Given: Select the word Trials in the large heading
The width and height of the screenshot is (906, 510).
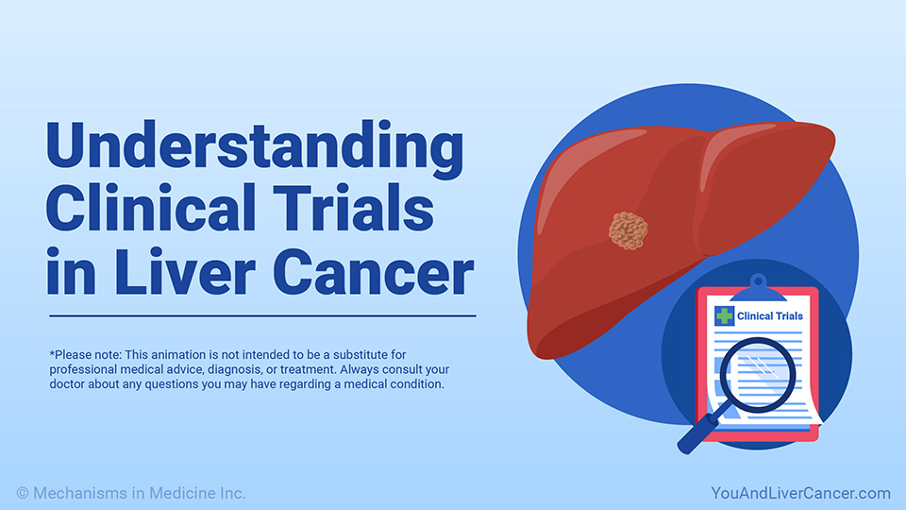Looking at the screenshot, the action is coord(353,207).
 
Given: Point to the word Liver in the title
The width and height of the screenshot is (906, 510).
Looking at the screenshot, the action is coord(185,272).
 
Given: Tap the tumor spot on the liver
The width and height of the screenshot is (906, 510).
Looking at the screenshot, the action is coord(629,230).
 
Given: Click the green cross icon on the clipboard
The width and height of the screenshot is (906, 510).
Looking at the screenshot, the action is coord(724,315).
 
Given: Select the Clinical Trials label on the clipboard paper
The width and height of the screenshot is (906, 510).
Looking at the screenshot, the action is coord(770,315).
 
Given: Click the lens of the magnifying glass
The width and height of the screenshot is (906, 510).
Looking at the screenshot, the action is coord(757,375).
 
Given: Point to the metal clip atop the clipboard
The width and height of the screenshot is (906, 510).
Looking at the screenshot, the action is coord(758,288).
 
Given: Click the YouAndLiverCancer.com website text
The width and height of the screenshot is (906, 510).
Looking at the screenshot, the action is coord(800,493).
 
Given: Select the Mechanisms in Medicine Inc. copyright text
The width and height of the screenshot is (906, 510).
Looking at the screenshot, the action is coord(140,493).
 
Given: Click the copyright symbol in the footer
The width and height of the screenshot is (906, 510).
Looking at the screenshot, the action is coord(23,493).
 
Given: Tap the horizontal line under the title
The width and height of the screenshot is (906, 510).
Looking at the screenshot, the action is coord(262,315).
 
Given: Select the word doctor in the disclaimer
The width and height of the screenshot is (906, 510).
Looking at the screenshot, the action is coord(67,384).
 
